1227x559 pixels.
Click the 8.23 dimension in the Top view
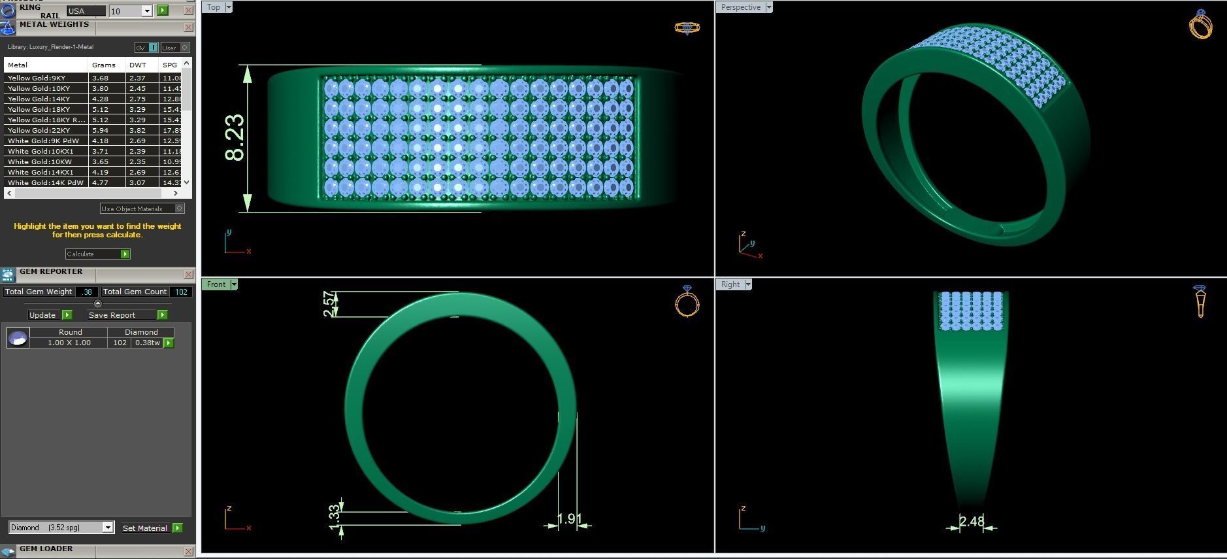coord(235,138)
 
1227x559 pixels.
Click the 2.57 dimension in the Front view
coord(331,304)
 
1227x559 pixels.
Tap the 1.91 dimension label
coord(568,519)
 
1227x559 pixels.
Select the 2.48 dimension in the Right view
coord(972,522)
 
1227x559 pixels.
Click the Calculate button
coord(97,254)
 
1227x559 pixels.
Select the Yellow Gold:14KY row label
coord(39,99)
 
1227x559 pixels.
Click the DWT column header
coord(138,65)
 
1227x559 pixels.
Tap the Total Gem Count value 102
coord(181,292)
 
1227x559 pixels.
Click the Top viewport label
coord(214,7)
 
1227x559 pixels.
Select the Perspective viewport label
coord(740,7)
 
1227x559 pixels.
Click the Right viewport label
coord(730,284)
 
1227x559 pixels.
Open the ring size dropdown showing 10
coord(147,11)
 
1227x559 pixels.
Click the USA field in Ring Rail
coord(86,11)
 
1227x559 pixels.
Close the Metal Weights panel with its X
coord(188,27)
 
